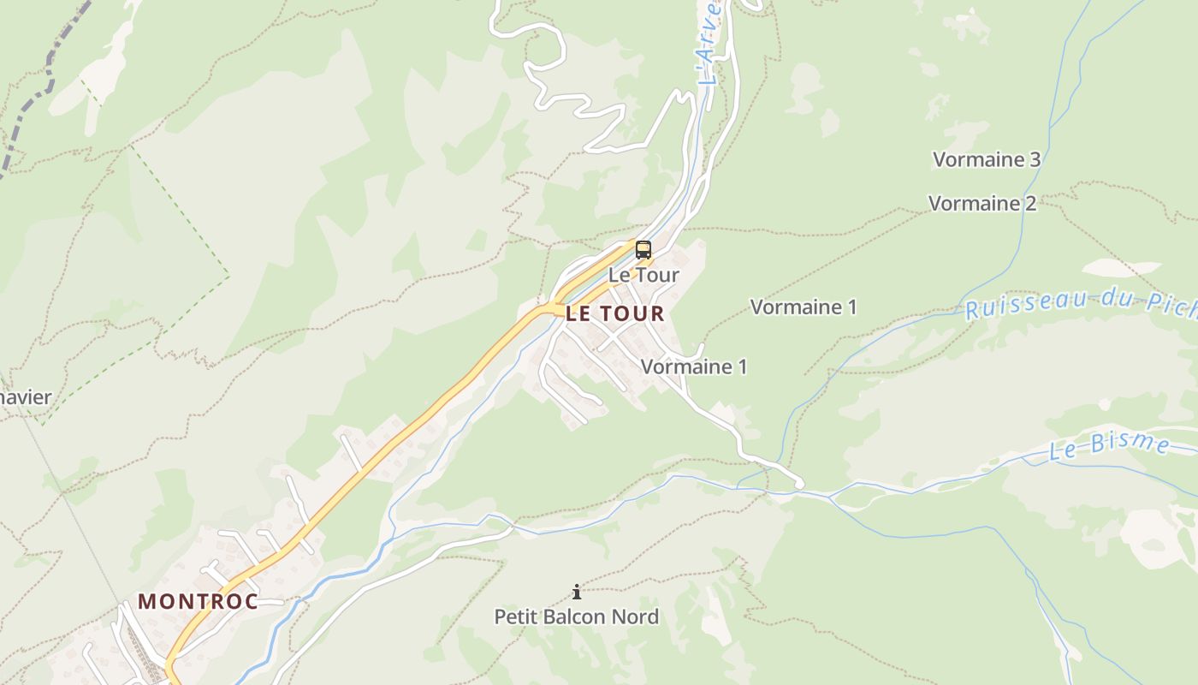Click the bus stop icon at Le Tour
coord(643,250)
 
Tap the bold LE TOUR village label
coord(615,313)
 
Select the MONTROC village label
coord(198,601)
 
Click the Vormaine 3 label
coord(986,159)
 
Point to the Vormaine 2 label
coord(982,204)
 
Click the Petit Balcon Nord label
coord(576,616)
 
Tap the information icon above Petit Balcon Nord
coord(577,592)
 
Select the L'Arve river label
coord(709,43)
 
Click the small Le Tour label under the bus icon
coord(643,275)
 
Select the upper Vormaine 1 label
coord(803,307)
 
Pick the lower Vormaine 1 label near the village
coord(693,366)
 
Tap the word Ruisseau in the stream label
coord(1014,306)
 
